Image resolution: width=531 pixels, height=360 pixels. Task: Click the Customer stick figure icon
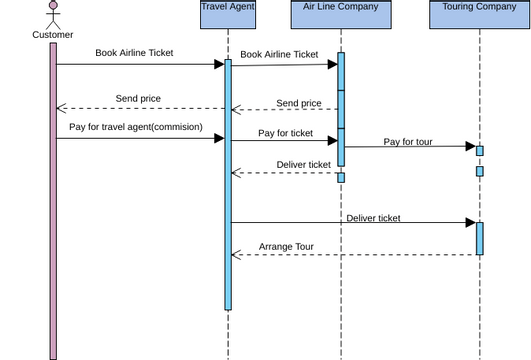pos(53,14)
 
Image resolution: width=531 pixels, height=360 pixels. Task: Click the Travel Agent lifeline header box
pos(228,7)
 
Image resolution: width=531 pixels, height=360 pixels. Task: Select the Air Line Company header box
pos(341,7)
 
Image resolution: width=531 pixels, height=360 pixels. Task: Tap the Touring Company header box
pos(479,7)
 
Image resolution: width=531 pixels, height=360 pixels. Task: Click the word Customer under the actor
pos(53,35)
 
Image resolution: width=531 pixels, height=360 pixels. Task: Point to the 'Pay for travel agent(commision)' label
pos(136,127)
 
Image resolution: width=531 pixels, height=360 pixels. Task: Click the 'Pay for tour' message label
pos(408,142)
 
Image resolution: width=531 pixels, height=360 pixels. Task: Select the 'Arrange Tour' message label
pos(286,246)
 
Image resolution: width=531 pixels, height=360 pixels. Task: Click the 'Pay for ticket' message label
pos(285,133)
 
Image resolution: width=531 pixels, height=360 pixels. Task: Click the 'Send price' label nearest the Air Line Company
pos(299,103)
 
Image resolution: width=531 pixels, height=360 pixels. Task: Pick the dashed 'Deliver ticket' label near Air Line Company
pos(303,165)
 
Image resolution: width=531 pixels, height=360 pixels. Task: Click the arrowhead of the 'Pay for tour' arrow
pos(470,147)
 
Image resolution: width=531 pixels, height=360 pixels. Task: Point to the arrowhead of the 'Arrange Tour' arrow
pos(236,255)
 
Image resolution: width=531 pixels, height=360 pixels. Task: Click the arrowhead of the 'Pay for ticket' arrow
pos(332,141)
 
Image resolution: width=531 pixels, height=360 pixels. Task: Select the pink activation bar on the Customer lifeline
pos(53,200)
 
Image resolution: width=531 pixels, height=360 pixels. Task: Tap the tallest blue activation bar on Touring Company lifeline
pos(480,238)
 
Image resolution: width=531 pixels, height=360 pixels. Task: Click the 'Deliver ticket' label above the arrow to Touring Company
pos(373,218)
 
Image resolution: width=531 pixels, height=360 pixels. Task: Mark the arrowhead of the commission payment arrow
pos(218,139)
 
